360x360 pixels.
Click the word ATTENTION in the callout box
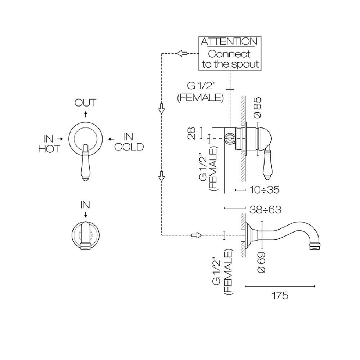(x=229, y=42)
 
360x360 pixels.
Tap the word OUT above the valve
(x=85, y=103)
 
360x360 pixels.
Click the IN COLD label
(x=129, y=142)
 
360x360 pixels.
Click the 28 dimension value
(x=192, y=133)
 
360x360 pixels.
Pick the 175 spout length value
(x=280, y=296)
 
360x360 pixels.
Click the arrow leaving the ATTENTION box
(x=182, y=54)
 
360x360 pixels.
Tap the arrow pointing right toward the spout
(x=196, y=235)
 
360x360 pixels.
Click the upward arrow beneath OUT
(x=85, y=114)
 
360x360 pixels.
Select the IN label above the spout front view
(x=85, y=205)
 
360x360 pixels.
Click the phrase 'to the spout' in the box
(x=230, y=64)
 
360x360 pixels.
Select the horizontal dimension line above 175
(x=280, y=286)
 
